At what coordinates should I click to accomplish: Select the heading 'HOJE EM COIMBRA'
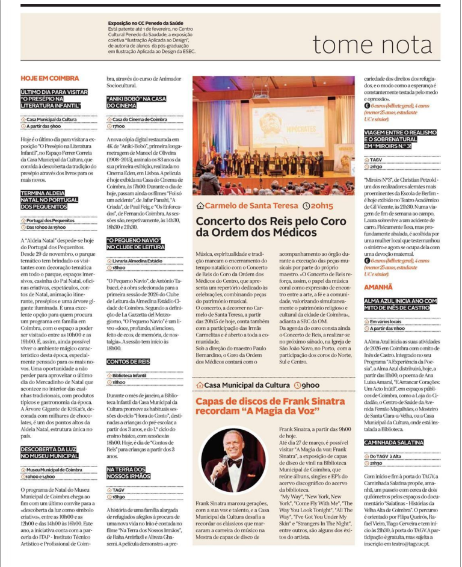(x=50, y=78)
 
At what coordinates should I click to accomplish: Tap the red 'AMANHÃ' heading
(x=378, y=288)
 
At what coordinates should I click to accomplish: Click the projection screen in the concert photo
(x=283, y=120)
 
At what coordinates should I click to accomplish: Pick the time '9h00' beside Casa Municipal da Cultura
(x=308, y=385)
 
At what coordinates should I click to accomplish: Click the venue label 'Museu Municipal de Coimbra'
(x=54, y=469)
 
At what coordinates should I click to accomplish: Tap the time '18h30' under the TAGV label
(x=119, y=497)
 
